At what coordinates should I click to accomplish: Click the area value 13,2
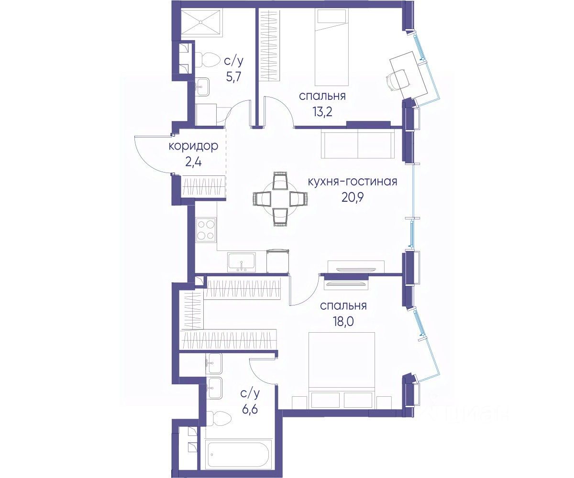[x=322, y=112]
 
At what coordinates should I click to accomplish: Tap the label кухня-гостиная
[x=353, y=182]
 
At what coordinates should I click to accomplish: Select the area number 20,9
[x=353, y=198]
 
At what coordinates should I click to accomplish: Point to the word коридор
[x=193, y=147]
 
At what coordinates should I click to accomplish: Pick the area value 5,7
[x=234, y=76]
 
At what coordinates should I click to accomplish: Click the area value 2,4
[x=193, y=162]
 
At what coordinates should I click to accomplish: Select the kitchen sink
[x=242, y=262]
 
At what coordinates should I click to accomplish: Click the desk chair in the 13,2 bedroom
[x=396, y=79]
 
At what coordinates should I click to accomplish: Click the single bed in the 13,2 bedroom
[x=332, y=47]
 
